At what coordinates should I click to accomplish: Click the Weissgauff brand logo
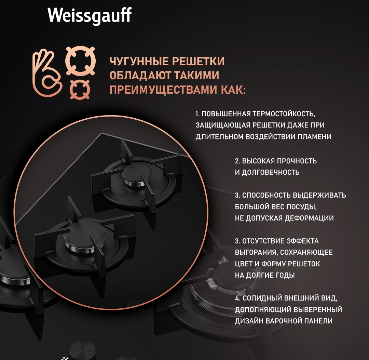coord(90,15)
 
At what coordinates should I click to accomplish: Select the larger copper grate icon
coord(81,61)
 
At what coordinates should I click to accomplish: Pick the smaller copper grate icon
coord(80,90)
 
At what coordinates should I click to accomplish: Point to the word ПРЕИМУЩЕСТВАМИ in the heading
coord(163,90)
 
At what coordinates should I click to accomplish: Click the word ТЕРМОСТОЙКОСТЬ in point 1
coord(284,114)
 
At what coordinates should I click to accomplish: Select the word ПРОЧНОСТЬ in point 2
coord(297,161)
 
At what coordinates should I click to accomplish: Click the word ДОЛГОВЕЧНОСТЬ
coord(271,172)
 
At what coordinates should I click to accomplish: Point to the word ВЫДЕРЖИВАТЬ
coord(319,195)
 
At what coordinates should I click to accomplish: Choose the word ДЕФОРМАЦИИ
coord(309,218)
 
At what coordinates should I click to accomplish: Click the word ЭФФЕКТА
coord(302,241)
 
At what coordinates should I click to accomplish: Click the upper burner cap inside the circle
coord(136,174)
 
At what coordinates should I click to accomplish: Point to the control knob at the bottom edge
coord(82,350)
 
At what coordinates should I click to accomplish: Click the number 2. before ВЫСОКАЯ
coord(237,161)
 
